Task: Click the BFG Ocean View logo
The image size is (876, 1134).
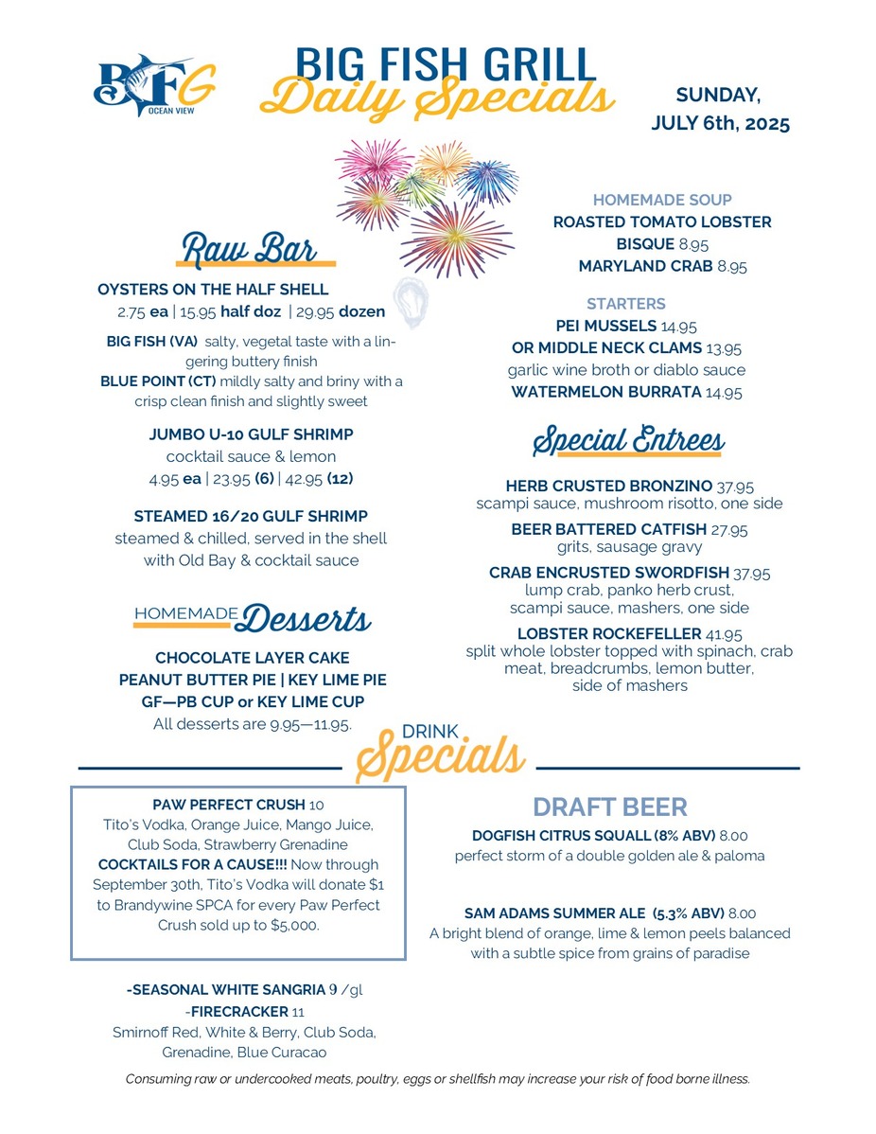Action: coord(154,86)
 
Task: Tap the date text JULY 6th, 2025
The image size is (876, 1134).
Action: coord(720,124)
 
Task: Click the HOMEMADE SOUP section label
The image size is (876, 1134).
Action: coord(662,200)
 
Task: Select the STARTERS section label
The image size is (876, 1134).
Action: coord(625,304)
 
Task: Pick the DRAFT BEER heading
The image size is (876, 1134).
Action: coord(610,806)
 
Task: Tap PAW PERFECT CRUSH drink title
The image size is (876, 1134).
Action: coord(230,805)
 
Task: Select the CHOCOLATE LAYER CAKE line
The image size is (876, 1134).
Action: coord(252,657)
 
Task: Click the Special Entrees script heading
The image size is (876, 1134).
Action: coord(629,441)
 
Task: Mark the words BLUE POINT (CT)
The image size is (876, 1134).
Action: coord(158,381)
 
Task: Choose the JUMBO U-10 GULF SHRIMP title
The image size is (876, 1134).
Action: coord(251,434)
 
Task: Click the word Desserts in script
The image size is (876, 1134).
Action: coord(305,620)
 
